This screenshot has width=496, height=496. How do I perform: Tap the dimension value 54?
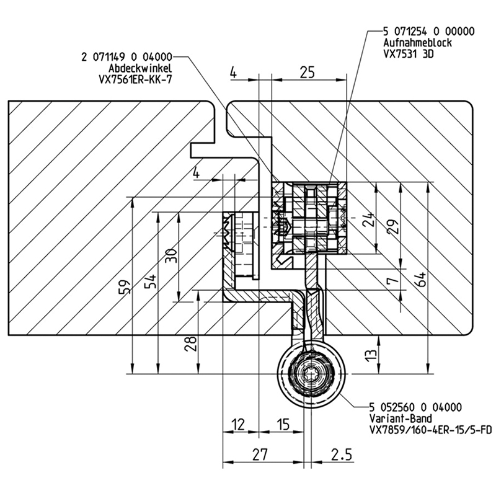point(149,281)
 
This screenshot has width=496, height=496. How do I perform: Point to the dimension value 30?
point(170,255)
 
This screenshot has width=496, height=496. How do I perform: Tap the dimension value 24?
point(369,221)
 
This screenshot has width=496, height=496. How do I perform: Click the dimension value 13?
point(370,356)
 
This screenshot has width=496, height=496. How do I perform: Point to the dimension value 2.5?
point(341,454)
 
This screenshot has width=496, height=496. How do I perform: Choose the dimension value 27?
point(261,454)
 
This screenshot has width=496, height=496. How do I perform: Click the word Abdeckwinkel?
point(140,68)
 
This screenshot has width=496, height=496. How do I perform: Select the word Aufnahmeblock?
point(417,42)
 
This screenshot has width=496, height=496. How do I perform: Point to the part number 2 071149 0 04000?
point(127,57)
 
